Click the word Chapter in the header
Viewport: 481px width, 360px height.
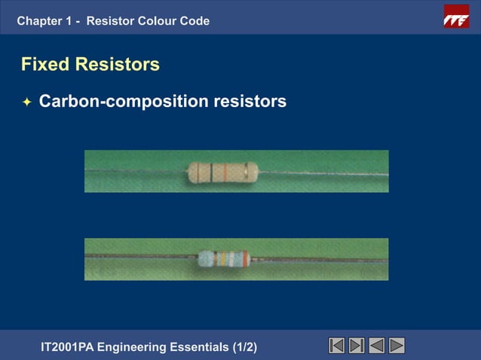[x=39, y=21]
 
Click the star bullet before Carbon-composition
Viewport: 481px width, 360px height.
[x=26, y=102]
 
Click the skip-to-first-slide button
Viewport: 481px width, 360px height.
[x=337, y=346]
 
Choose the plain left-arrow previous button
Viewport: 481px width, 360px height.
[x=377, y=346]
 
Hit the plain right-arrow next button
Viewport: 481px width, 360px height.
[x=397, y=346]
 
